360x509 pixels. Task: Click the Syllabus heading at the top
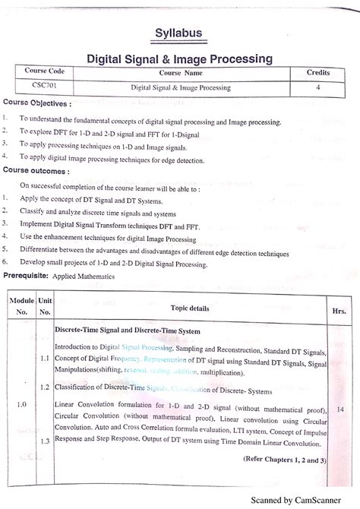click(180, 34)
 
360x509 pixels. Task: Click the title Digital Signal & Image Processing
click(180, 58)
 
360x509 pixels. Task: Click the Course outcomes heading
click(36, 172)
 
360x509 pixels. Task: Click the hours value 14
click(339, 409)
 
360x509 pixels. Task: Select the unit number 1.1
click(45, 356)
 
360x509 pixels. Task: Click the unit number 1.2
click(45, 387)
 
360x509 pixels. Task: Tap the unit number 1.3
click(45, 441)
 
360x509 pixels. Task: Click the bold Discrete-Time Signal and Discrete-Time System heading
click(128, 331)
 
